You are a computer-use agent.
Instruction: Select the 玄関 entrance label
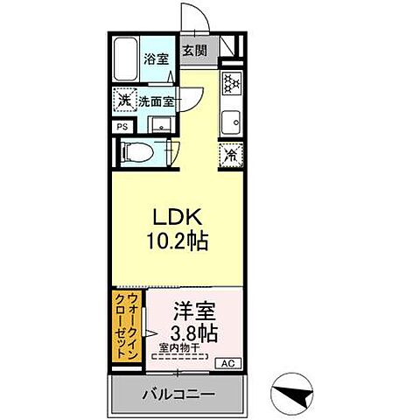[193, 50]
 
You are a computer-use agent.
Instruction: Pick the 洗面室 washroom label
[155, 101]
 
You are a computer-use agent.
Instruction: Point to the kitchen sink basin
[232, 120]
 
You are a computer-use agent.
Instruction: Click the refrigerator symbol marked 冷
[231, 156]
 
